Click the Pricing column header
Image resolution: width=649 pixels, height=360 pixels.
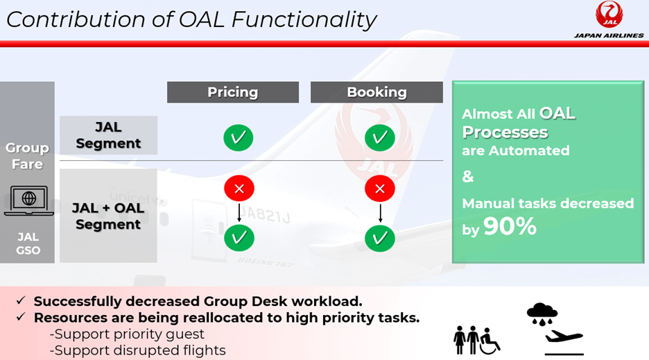coord(232,92)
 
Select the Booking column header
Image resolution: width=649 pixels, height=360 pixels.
coord(377,92)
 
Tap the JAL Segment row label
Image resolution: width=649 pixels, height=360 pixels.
coord(108,135)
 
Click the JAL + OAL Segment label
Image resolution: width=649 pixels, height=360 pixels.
coord(108,216)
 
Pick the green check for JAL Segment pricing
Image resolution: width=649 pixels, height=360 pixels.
coord(239,137)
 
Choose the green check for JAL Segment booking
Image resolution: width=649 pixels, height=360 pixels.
coord(380,137)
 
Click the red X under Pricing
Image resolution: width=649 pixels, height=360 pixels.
coord(239,189)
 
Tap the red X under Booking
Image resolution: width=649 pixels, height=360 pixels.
coord(380,189)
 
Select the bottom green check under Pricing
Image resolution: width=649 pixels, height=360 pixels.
coord(239,238)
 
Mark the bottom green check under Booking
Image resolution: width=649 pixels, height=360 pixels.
coord(380,238)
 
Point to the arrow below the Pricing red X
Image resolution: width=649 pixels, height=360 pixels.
coord(239,212)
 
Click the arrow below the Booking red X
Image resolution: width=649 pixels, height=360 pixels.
coord(381,212)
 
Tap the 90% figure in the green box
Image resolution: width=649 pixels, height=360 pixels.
coord(510,226)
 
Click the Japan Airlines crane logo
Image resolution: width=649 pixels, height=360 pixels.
coord(609,15)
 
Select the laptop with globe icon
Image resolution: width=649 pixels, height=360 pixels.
coord(29,200)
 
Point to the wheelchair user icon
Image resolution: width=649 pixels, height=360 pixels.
coord(490,341)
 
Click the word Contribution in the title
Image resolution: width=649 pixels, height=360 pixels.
coord(76,19)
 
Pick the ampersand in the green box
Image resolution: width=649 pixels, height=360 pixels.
coord(468,176)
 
